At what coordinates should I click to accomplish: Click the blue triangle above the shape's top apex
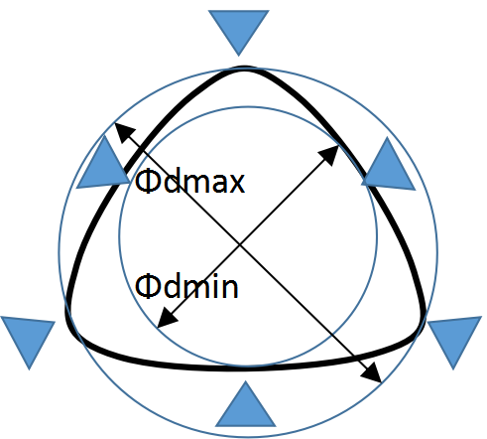[x=239, y=28]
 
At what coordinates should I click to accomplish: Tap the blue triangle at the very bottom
[x=245, y=409]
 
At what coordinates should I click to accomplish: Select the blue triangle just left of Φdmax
[x=103, y=169]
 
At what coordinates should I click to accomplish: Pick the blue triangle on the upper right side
[x=389, y=170]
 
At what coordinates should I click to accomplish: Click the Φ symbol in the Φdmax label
[x=148, y=182]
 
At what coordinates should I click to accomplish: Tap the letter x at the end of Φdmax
[x=237, y=184]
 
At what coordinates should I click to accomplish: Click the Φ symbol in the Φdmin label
[x=148, y=287]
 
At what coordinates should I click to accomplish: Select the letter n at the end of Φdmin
[x=230, y=288]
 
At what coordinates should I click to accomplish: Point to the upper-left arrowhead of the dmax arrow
[x=123, y=131]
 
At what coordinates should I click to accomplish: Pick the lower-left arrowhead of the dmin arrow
[x=167, y=319]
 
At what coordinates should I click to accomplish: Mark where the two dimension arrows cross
[x=240, y=245]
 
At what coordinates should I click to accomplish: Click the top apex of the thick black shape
[x=245, y=68]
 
